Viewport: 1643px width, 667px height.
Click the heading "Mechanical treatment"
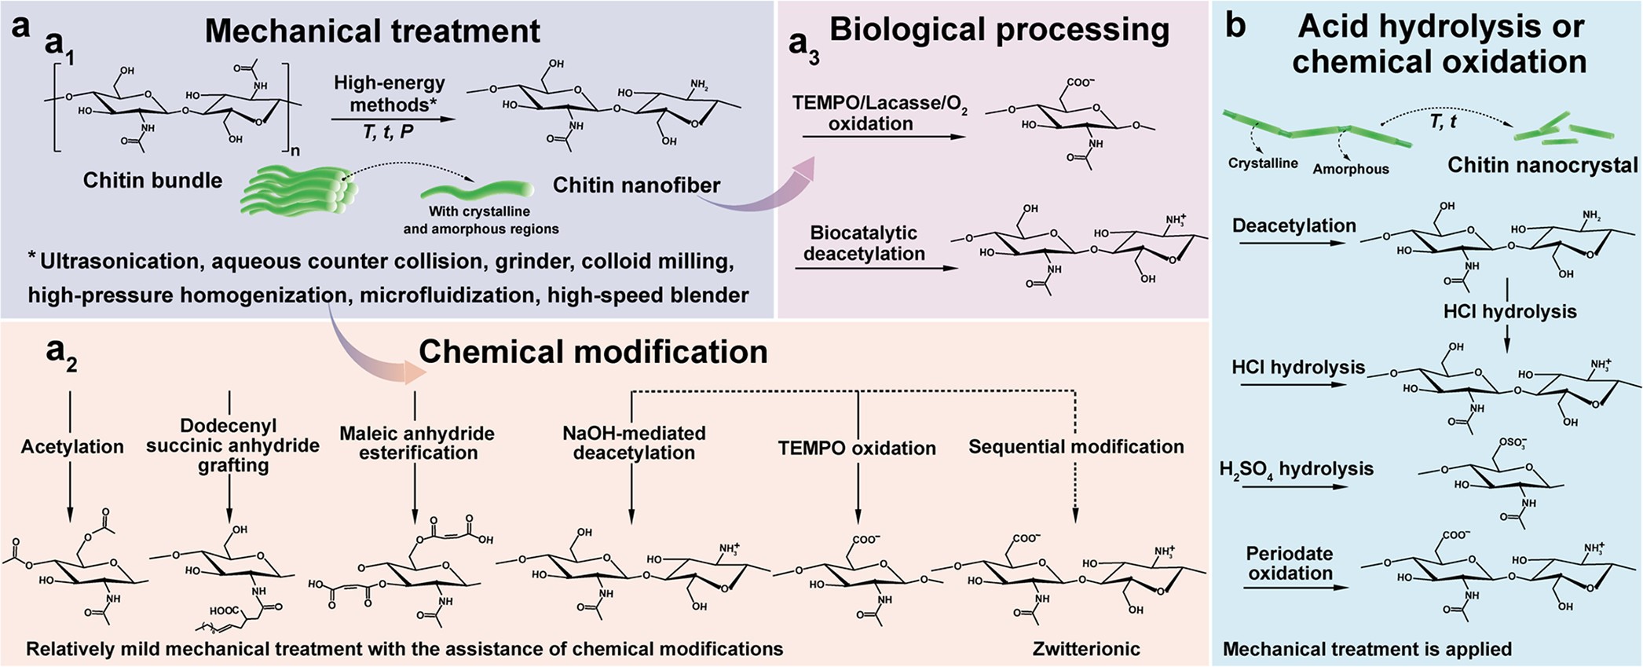tap(372, 31)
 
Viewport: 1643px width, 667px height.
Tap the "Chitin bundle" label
tap(152, 181)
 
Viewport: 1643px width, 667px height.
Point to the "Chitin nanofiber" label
tap(636, 185)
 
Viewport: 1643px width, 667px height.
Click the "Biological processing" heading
tap(999, 30)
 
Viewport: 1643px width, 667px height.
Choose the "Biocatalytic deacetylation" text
tap(864, 244)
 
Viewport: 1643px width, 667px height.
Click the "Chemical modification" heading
tap(593, 352)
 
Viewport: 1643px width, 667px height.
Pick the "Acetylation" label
tap(72, 447)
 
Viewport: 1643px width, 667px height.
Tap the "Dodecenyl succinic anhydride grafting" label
tap(232, 445)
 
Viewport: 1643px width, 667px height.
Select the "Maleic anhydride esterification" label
tap(417, 443)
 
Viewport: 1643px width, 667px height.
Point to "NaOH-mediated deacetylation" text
tap(634, 443)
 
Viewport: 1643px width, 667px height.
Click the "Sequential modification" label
tap(1076, 447)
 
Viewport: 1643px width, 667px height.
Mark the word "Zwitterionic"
tap(1086, 649)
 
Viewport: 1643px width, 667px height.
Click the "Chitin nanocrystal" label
tap(1542, 165)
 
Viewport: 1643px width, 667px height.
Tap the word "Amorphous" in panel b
tap(1351, 169)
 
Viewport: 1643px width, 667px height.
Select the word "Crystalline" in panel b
tap(1263, 163)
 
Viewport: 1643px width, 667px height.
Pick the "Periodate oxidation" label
tap(1290, 563)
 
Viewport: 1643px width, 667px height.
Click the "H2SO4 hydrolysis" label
tap(1297, 470)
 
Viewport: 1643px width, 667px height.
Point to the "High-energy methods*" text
tap(390, 93)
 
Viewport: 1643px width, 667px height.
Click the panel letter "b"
tap(1235, 26)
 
